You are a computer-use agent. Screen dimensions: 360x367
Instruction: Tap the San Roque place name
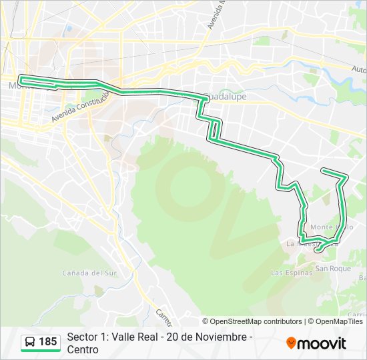point(333,269)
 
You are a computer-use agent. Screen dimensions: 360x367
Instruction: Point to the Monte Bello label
point(331,227)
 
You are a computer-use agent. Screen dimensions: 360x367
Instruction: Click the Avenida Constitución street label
point(80,106)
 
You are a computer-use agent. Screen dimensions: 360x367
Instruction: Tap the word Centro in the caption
point(83,349)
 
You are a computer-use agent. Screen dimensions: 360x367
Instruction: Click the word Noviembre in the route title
point(225,337)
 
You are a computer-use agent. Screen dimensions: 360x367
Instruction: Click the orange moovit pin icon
point(291,343)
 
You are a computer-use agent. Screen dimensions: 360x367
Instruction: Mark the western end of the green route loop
point(21,79)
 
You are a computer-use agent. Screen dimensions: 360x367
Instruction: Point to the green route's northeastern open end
point(323,171)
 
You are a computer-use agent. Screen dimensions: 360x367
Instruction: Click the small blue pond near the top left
point(68,29)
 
